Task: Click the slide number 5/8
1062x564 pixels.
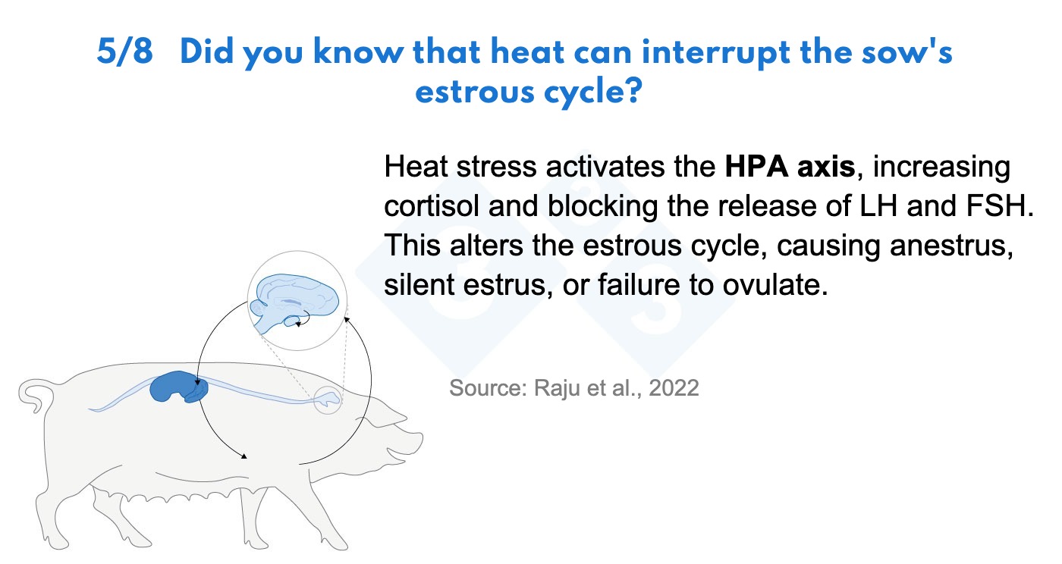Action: tap(124, 52)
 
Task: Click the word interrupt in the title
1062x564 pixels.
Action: tap(716, 54)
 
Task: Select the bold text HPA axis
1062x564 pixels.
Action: tap(790, 166)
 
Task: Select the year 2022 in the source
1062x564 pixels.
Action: tap(674, 387)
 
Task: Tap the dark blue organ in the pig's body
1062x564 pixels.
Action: tap(178, 387)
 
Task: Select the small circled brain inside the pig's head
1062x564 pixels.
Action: tap(327, 399)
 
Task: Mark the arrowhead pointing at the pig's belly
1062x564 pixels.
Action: tap(244, 456)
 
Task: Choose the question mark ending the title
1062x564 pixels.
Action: tap(634, 90)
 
